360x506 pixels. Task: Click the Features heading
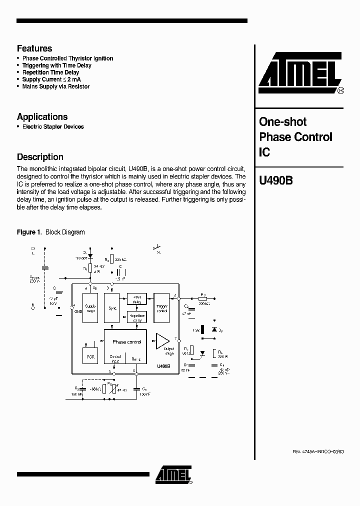tap(34, 48)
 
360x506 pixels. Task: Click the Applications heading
tap(42, 117)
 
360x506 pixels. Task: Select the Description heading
tap(40, 157)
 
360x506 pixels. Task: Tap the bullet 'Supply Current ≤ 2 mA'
tap(51, 79)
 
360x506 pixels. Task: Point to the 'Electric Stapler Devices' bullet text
tap(53, 127)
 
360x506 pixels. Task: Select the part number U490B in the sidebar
tap(275, 180)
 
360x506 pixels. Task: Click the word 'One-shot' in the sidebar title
tap(282, 122)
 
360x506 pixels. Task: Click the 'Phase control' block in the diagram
tap(126, 342)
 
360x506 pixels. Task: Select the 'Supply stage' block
tap(90, 308)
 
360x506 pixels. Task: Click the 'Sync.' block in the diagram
tap(112, 308)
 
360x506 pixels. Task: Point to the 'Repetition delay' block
tap(136, 317)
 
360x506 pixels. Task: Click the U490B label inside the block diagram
tap(163, 366)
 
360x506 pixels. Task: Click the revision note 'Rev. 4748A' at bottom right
tap(318, 451)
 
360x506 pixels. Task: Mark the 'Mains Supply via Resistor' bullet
tap(56, 86)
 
